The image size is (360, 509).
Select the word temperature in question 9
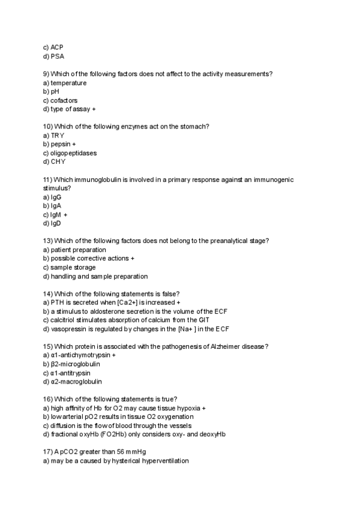click(68, 83)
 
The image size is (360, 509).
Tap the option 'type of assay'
click(70, 109)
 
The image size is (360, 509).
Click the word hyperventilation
click(163, 461)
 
